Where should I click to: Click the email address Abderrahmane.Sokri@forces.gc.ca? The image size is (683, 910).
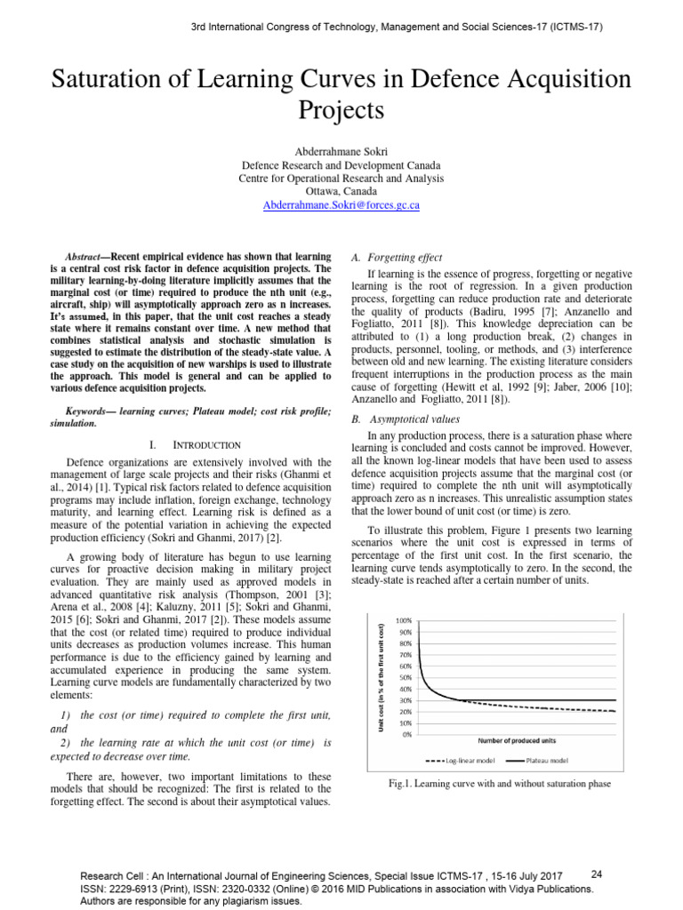(x=341, y=204)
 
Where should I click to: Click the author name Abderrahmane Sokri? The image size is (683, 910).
(x=341, y=151)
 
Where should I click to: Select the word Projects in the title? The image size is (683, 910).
(x=341, y=111)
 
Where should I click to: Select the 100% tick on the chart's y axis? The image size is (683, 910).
(x=403, y=619)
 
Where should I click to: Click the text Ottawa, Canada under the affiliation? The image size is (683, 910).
(x=341, y=191)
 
